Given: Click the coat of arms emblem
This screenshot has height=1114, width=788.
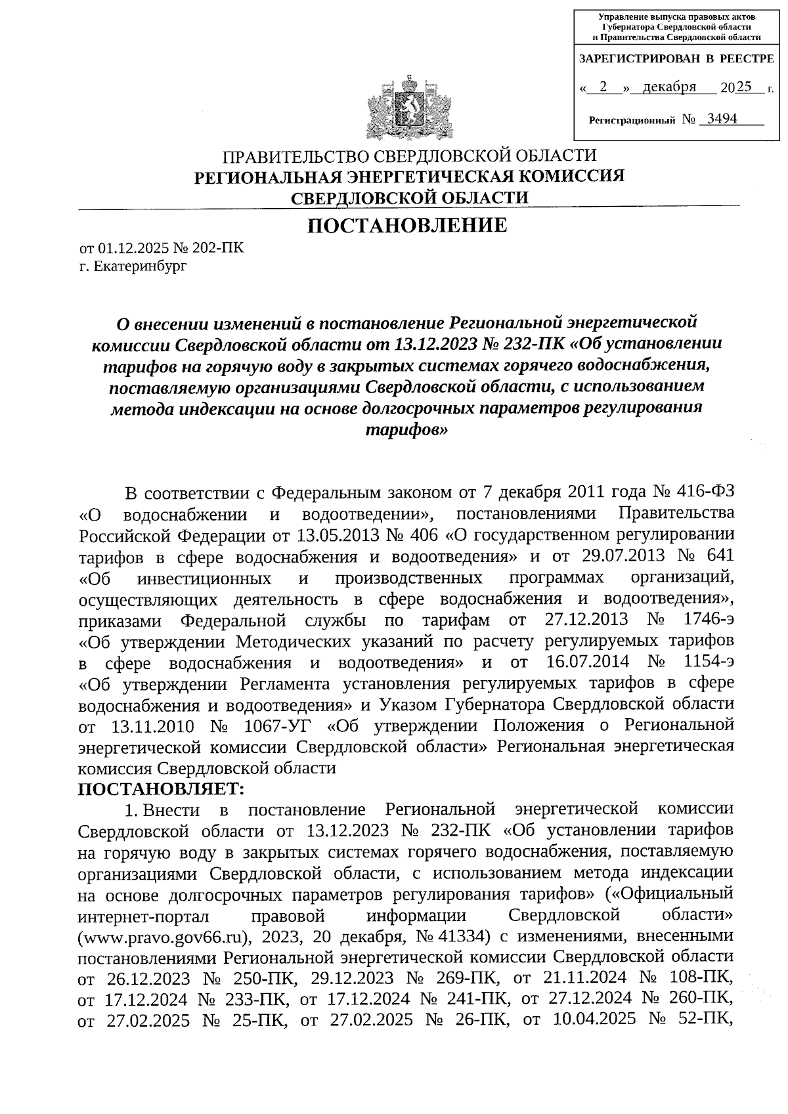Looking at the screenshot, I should tap(408, 110).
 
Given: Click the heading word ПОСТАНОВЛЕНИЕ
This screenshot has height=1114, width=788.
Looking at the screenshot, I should tap(408, 226).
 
